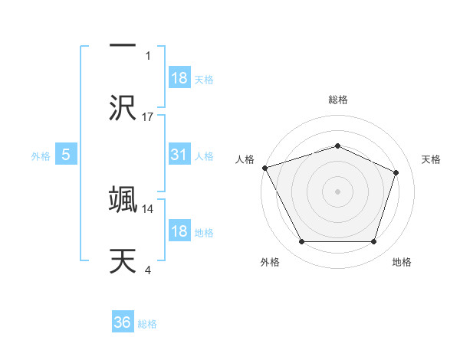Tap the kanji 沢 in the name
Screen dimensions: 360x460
pos(123,108)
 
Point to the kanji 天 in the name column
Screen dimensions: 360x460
pos(123,261)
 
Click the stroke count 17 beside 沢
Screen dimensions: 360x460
pos(148,116)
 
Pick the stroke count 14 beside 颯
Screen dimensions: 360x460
pos(148,208)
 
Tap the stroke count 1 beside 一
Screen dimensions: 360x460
pos(148,56)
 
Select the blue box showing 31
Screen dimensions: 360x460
pos(179,155)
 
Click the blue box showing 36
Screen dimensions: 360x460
pos(123,323)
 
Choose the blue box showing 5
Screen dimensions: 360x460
pos(66,155)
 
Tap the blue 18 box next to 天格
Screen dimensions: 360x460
pos(179,78)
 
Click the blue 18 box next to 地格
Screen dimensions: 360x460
pos(179,231)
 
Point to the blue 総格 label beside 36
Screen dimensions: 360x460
pos(147,324)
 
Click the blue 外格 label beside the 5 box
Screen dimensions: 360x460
pos(41,155)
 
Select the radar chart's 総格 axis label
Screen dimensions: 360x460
pos(337,100)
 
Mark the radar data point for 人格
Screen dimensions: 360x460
pos(264,168)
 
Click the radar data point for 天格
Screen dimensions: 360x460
pos(396,172)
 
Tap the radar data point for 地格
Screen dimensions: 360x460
pos(373,242)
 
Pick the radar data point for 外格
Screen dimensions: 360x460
pos(301,242)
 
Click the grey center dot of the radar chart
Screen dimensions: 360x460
pos(337,191)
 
